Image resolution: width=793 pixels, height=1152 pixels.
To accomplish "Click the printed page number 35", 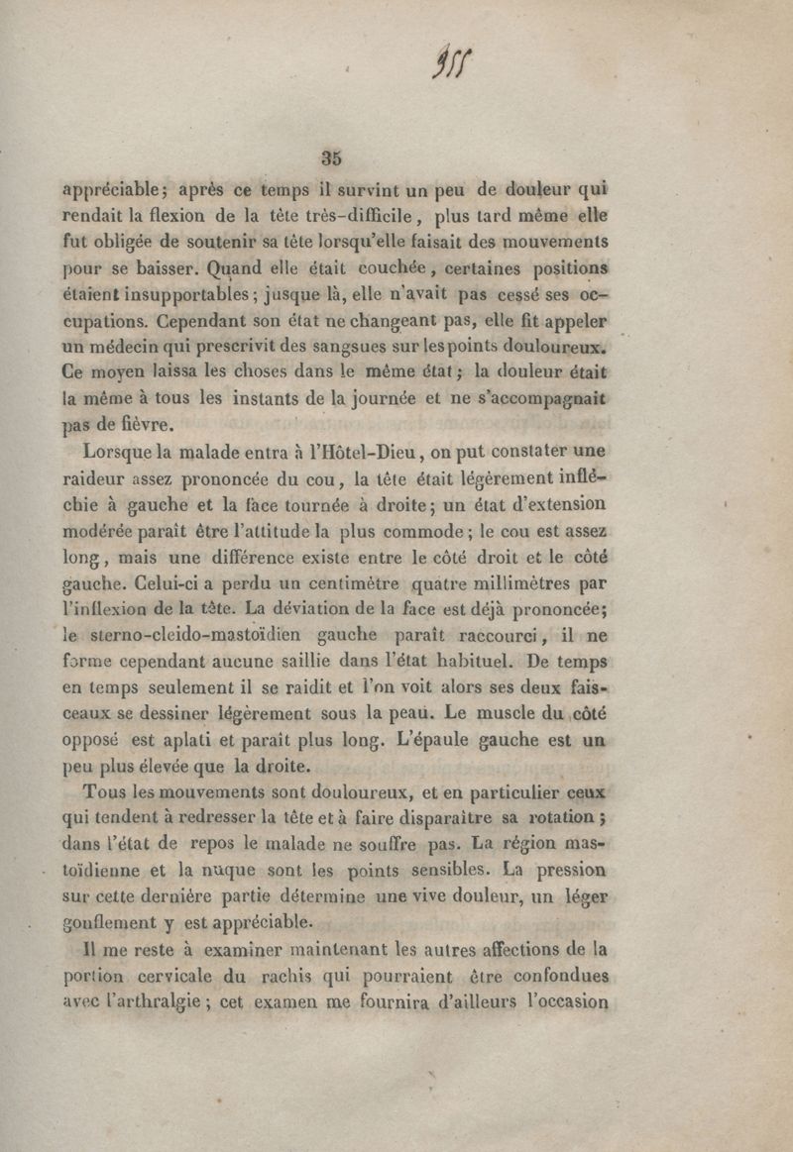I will click(331, 157).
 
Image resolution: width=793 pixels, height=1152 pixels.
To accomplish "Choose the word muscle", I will click(547, 712).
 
